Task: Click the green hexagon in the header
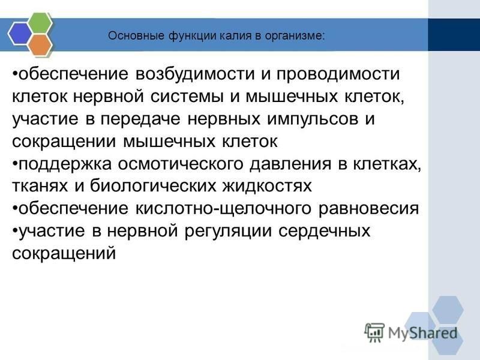tap(41, 23)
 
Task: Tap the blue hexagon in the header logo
tap(20, 34)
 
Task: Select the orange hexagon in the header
tap(41, 44)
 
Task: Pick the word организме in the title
tap(294, 37)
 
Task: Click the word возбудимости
tap(195, 74)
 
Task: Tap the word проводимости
tap(338, 74)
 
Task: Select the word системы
tap(187, 97)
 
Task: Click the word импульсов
tap(313, 119)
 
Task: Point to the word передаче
tap(140, 119)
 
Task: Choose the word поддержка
tap(65, 164)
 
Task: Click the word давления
tap(290, 164)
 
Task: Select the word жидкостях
tap(267, 186)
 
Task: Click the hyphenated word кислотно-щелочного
tap(223, 209)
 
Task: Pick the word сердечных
tap(324, 231)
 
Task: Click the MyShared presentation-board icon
tap(374, 332)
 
